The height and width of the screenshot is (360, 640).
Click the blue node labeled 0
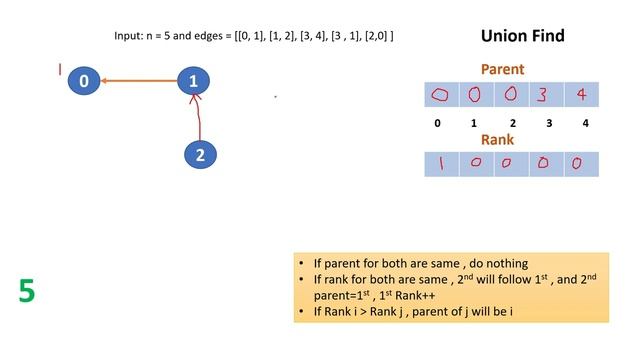coord(85,81)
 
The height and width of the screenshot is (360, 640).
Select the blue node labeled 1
coord(194,81)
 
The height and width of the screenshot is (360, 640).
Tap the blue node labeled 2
coord(201,155)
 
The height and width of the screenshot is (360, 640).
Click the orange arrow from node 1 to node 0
coord(140,81)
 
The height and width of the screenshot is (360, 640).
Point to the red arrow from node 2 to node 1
coord(199,118)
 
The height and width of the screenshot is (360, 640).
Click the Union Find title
coord(522,36)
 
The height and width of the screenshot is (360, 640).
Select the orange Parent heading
coord(502,70)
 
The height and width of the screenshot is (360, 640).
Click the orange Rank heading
coord(497,140)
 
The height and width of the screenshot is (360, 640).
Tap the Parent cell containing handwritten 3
coord(546,95)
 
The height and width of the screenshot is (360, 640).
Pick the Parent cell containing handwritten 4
coord(581,95)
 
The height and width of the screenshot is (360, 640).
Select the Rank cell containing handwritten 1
coord(441,163)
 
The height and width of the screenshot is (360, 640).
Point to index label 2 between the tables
coord(511,124)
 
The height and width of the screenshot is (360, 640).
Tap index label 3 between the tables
coord(547,124)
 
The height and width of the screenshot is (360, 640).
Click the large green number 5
coord(27,291)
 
